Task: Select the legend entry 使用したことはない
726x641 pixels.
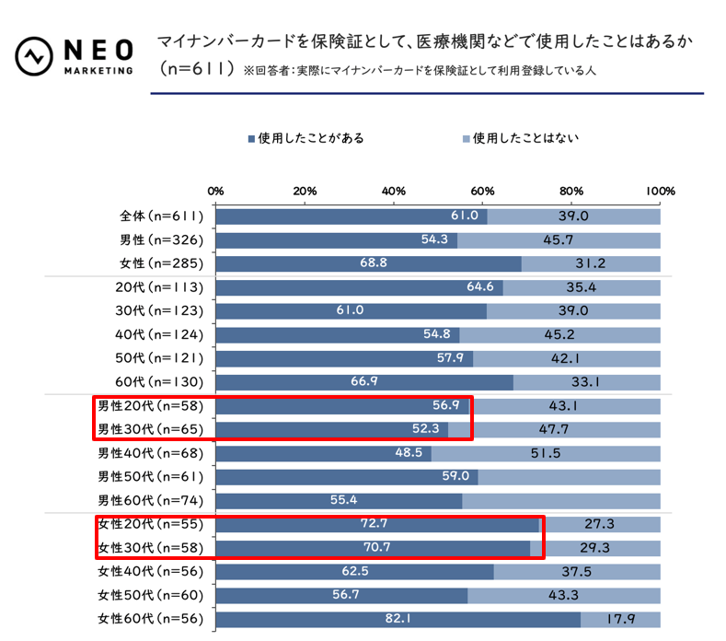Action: click(520, 139)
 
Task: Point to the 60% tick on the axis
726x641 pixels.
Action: click(482, 190)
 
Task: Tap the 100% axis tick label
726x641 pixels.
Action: click(660, 190)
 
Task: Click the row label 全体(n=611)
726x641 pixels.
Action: click(162, 216)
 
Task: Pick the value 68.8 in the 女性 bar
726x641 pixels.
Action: click(376, 263)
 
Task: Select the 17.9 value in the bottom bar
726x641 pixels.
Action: click(619, 619)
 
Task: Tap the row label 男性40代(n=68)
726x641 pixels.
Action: click(151, 453)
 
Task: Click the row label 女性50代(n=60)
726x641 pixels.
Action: click(151, 595)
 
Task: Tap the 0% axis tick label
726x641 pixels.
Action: click(216, 190)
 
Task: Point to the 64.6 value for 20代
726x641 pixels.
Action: click(481, 287)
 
